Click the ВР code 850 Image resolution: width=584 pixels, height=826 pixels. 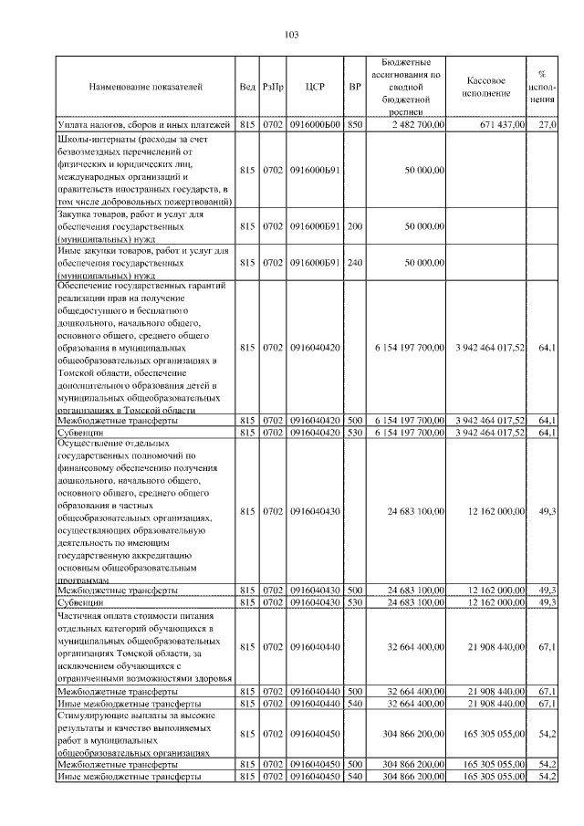click(x=356, y=124)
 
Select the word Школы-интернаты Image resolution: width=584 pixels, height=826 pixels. click(x=90, y=138)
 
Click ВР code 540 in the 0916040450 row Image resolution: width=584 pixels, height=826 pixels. click(x=356, y=776)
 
